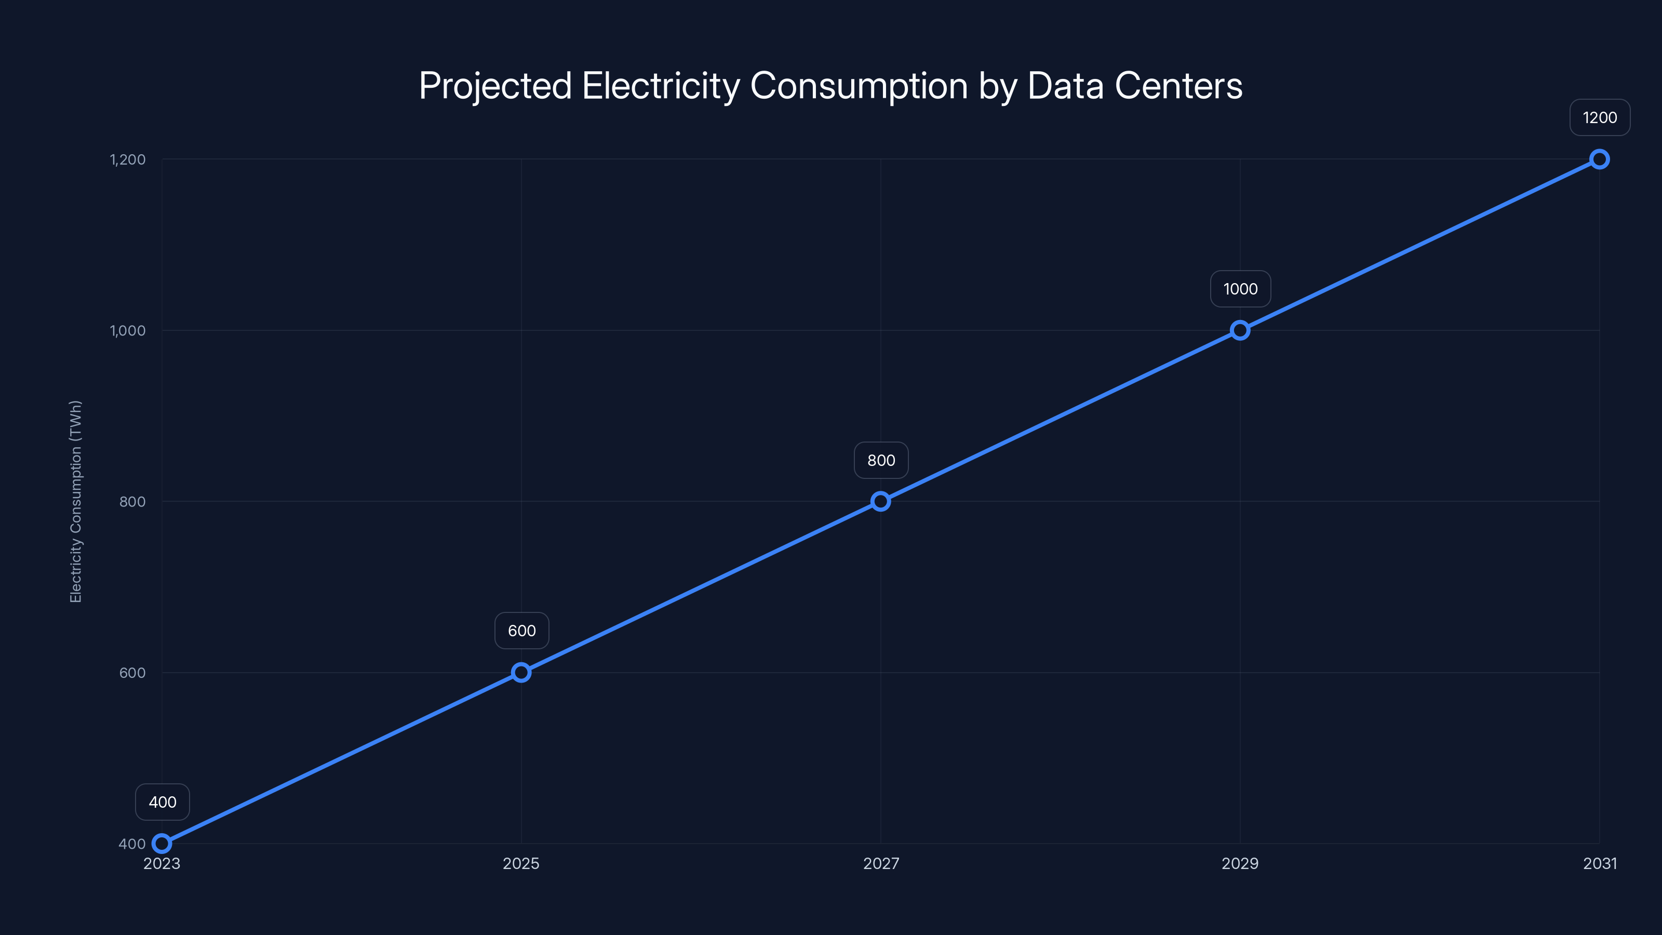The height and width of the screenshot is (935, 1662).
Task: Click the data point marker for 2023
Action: (162, 844)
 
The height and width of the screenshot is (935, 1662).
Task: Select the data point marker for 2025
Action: (521, 672)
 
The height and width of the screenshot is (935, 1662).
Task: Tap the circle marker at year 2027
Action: (881, 501)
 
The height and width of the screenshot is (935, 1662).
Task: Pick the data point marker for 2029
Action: (1240, 330)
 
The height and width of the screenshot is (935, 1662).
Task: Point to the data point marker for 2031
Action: (1600, 159)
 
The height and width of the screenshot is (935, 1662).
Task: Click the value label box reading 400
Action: (163, 802)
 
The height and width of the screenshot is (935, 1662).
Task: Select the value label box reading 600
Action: (522, 631)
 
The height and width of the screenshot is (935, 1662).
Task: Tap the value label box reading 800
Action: (881, 460)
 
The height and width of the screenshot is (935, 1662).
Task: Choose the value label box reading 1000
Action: (1241, 289)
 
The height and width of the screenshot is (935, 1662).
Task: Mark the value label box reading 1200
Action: (1600, 117)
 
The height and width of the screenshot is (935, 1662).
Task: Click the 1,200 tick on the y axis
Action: (128, 159)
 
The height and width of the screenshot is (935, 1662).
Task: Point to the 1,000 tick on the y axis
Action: (128, 330)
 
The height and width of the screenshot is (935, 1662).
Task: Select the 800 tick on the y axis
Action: (132, 501)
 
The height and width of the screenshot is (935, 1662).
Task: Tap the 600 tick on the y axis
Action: (132, 672)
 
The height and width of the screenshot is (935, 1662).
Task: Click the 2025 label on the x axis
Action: (521, 863)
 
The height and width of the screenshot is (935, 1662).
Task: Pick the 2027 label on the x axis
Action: (881, 863)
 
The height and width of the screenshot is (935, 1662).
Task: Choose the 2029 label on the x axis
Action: (1240, 863)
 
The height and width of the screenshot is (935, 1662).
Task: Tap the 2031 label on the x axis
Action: (1600, 863)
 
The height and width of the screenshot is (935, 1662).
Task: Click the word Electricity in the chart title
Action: (661, 86)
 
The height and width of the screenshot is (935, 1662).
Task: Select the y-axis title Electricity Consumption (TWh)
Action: (76, 501)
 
